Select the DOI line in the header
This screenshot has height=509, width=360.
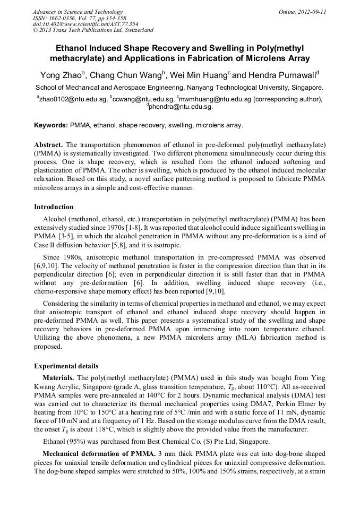85,24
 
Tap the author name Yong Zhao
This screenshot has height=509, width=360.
58,75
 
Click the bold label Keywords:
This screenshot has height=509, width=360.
51,126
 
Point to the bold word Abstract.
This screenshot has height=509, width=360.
48,145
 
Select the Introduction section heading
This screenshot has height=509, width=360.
54,206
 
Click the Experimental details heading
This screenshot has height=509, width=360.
66,366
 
